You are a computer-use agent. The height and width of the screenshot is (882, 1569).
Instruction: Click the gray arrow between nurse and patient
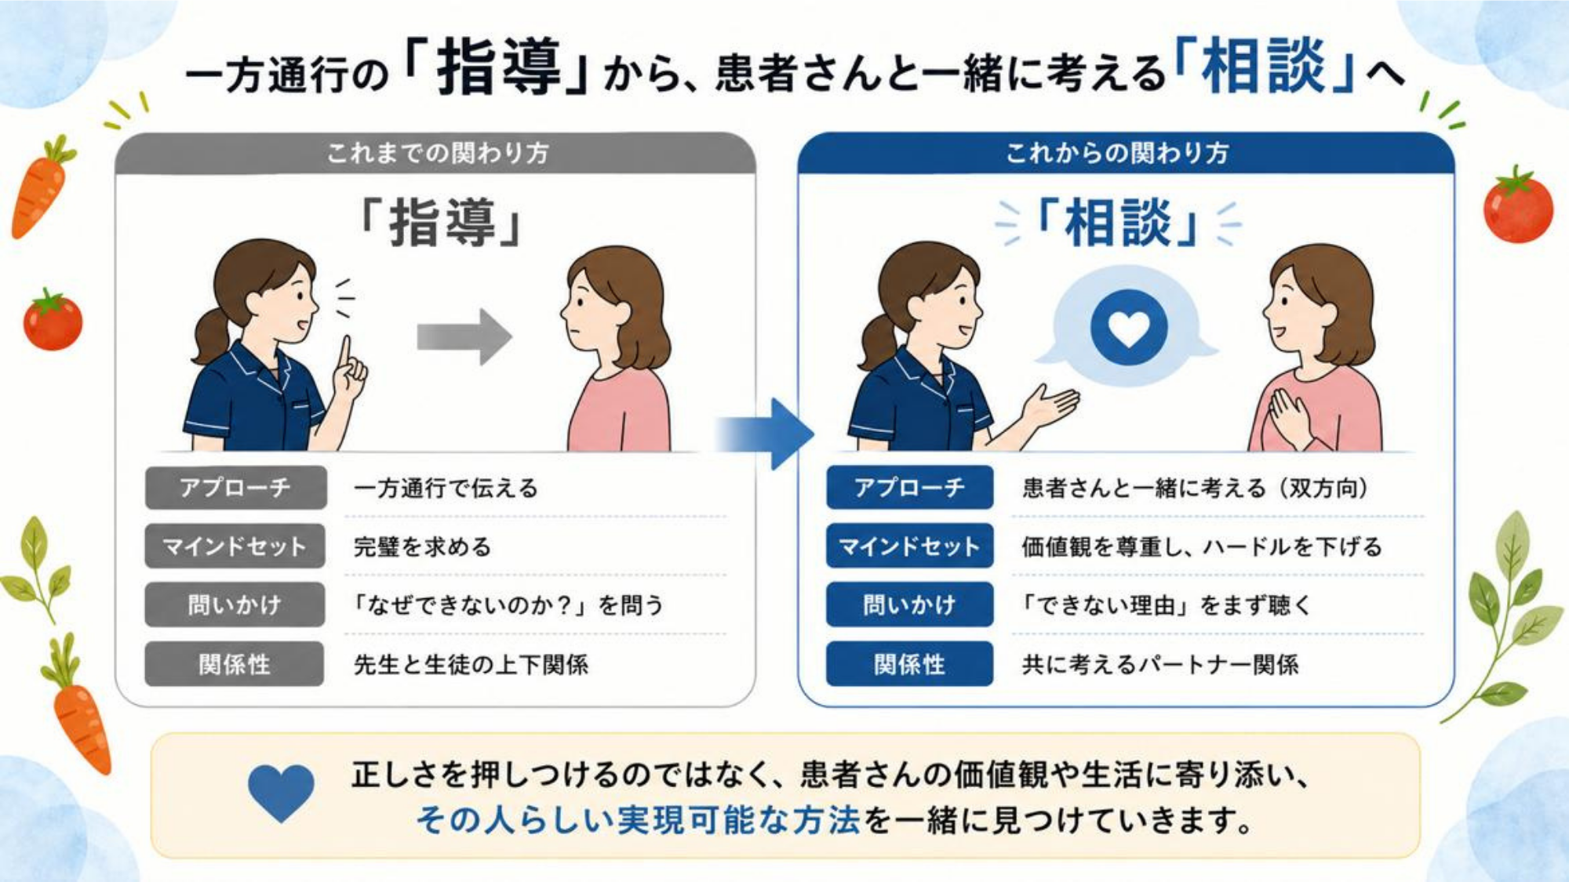click(x=464, y=337)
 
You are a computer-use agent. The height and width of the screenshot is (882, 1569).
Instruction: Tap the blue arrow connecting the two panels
click(x=765, y=434)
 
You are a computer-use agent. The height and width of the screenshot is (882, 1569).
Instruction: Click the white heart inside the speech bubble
click(x=1129, y=328)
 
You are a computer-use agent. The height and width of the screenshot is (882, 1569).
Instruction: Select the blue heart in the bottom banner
click(x=281, y=793)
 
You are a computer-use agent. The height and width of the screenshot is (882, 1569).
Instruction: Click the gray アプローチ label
click(x=235, y=488)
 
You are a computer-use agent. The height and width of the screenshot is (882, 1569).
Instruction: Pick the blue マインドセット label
click(x=909, y=546)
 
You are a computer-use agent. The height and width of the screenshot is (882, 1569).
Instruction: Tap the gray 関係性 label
click(x=235, y=664)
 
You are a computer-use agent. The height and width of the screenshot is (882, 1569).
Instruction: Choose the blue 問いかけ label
click(x=909, y=604)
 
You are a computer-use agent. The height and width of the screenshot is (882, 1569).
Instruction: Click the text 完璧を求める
click(x=422, y=546)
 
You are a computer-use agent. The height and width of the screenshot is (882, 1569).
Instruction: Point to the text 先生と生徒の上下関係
click(x=471, y=665)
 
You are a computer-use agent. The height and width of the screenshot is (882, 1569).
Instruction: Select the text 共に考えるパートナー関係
click(x=1159, y=665)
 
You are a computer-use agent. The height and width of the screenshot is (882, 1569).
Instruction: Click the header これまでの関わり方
click(x=438, y=152)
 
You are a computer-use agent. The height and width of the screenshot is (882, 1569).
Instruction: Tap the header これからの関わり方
click(x=1117, y=152)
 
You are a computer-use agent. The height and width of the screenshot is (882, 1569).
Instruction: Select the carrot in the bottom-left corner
click(x=78, y=710)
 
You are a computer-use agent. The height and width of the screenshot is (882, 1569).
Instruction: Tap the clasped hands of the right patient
click(x=1289, y=418)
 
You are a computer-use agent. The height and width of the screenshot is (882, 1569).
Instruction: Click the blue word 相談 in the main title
click(x=1263, y=67)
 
